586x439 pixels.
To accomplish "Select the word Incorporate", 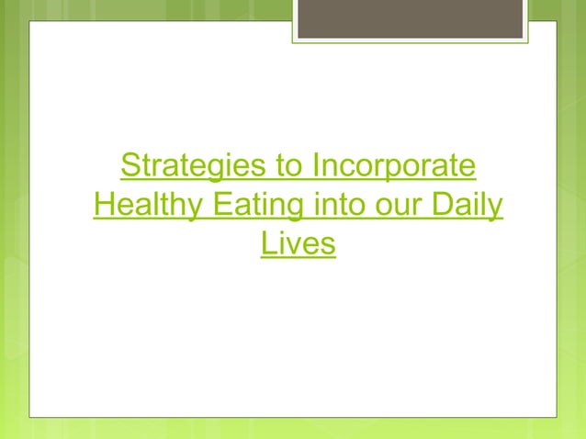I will pos(395,168).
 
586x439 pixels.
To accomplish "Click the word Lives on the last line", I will pos(298,244).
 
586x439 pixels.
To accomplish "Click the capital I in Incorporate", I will pos(316,168).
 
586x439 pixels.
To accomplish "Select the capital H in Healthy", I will pos(103,207).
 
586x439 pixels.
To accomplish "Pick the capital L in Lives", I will pos(267,244).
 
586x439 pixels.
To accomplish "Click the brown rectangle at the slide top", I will pos(410,18).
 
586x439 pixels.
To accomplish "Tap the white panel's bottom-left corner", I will pos(30,416).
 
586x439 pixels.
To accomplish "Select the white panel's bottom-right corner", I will pos(556,416).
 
